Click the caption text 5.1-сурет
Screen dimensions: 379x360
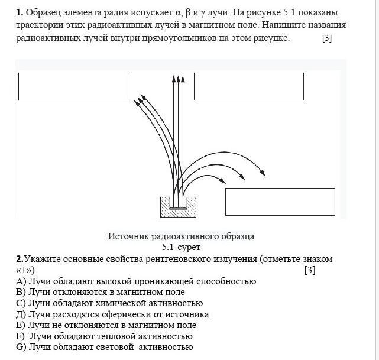click(182, 247)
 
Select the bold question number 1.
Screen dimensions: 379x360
click(20, 12)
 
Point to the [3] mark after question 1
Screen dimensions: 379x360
click(327, 38)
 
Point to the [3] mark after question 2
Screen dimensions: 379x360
click(310, 270)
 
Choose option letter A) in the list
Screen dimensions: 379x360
click(21, 281)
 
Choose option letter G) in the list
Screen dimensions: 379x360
click(21, 347)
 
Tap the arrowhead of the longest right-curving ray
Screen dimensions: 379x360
click(263, 173)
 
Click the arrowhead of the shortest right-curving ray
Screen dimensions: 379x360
click(222, 180)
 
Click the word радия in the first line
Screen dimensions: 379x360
click(116, 12)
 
